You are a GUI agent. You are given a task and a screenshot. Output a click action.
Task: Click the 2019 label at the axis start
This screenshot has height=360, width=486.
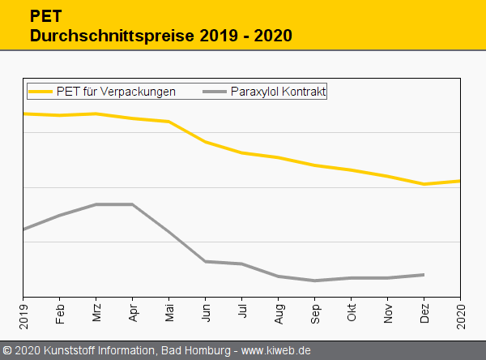tap(23, 312)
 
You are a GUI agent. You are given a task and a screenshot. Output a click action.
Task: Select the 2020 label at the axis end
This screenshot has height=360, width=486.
tap(461, 312)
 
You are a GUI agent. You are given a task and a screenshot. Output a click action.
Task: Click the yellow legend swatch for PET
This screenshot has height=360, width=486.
tap(41, 92)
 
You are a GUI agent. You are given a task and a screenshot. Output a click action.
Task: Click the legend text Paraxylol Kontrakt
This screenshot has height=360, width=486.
tap(278, 92)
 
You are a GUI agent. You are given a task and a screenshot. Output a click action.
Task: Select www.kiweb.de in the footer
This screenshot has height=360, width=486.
tap(276, 350)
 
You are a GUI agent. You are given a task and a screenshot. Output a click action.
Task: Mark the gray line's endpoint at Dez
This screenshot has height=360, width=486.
tap(424, 275)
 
